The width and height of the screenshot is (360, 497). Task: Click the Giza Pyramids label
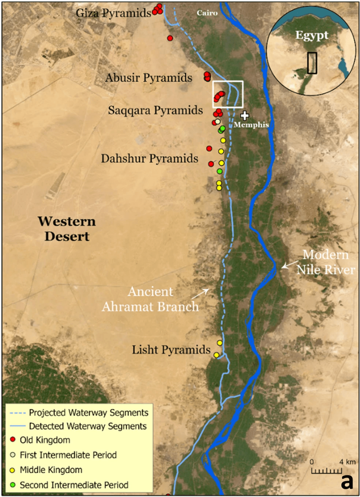pos(113,13)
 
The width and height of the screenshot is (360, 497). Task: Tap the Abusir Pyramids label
pos(149,78)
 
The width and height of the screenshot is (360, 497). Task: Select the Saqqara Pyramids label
pos(155,110)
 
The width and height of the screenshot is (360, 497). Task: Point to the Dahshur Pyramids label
pos(150,158)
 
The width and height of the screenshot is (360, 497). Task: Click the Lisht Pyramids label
pos(171,350)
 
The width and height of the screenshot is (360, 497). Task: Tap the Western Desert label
pos(67,229)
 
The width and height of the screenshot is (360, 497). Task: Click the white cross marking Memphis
pos(244,116)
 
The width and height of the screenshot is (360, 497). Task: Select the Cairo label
pos(207,13)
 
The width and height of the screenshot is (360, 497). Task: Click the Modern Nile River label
pos(325,262)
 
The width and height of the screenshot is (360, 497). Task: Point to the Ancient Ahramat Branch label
pos(150,299)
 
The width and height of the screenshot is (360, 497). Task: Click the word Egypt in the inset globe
pos(312,35)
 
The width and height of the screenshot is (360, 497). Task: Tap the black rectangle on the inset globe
pos(312,63)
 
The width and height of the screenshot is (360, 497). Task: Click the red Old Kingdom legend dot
pos(13,440)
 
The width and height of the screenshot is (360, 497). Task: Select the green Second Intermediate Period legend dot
pos(13,485)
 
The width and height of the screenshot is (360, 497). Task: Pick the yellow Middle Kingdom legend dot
pos(13,470)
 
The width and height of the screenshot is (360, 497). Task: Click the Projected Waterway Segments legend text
pos(89,412)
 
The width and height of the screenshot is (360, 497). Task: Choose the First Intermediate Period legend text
pos(68,455)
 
